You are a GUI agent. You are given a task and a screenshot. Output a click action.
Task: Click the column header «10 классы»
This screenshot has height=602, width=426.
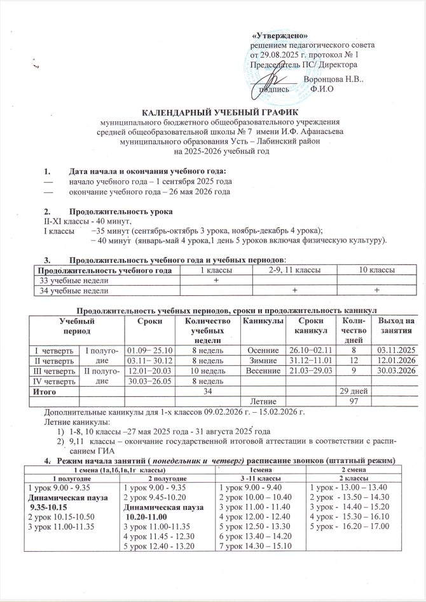[x=375, y=271]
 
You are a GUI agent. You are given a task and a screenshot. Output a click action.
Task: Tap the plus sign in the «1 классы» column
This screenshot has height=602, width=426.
[x=215, y=280]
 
